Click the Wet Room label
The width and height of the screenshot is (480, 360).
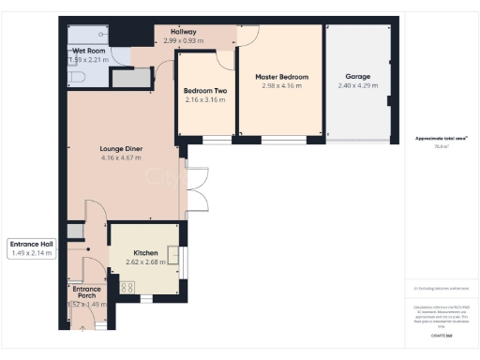tap(89, 51)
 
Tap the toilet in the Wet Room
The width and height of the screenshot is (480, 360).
tap(76, 77)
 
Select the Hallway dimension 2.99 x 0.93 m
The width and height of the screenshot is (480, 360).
tap(182, 41)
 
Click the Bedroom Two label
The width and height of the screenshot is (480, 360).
tap(205, 91)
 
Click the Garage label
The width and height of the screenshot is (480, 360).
tap(358, 77)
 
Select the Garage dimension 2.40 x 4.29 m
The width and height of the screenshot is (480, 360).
tap(358, 85)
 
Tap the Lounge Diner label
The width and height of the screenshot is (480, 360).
tap(120, 148)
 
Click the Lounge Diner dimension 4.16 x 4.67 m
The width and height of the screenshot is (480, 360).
tap(120, 157)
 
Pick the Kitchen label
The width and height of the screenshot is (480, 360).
tap(145, 253)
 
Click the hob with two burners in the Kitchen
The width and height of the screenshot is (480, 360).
tap(127, 288)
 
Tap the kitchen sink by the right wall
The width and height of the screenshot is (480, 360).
tap(172, 255)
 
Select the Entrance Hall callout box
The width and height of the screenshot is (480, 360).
tap(32, 248)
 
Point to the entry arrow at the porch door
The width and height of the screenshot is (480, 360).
tap(81, 324)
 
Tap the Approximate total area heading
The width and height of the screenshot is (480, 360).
tap(442, 139)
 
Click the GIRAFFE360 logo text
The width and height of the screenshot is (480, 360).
tap(441, 335)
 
